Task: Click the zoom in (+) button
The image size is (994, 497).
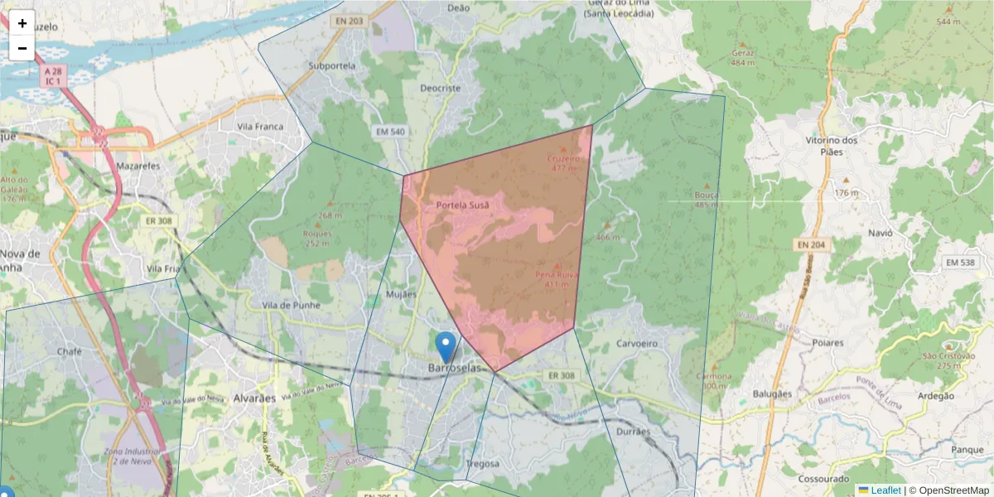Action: click(22, 23)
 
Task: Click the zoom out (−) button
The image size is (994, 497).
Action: click(22, 48)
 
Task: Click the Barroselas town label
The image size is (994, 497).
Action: click(454, 368)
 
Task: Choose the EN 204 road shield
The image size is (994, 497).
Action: click(813, 245)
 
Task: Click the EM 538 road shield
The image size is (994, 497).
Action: click(962, 263)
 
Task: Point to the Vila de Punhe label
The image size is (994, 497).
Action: click(287, 305)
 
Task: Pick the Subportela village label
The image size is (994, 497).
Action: click(331, 65)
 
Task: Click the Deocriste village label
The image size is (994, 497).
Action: click(440, 88)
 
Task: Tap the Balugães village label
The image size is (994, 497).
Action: click(772, 394)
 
